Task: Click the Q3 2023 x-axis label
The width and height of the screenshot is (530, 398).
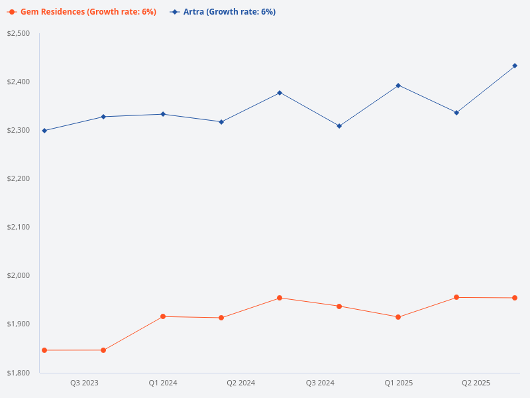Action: coord(84,383)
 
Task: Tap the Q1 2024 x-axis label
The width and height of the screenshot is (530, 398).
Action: coord(163,383)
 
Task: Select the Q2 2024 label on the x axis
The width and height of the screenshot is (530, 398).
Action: coord(241,383)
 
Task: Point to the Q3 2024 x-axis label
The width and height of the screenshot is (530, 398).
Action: coord(320,383)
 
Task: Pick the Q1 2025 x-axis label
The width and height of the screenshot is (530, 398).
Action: coord(399,383)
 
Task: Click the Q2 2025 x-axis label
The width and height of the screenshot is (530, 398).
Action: coord(476,383)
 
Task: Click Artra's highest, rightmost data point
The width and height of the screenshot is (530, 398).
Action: coord(515,66)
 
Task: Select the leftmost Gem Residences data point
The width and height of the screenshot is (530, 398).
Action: coord(44,350)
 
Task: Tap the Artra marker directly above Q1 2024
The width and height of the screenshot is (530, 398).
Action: coord(163,114)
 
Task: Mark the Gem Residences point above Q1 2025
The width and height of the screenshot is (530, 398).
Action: coord(398,317)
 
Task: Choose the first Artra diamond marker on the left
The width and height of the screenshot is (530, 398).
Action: coord(44,131)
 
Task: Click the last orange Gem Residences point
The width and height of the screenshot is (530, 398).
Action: coord(515,298)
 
